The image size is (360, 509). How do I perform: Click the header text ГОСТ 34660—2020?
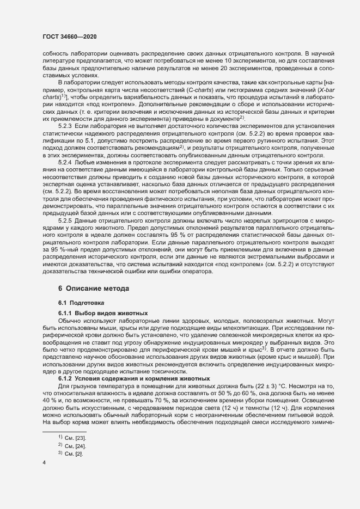coord(70,36)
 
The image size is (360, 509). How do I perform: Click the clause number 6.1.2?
coord(65,363)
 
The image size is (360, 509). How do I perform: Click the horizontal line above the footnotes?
coord(64,416)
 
